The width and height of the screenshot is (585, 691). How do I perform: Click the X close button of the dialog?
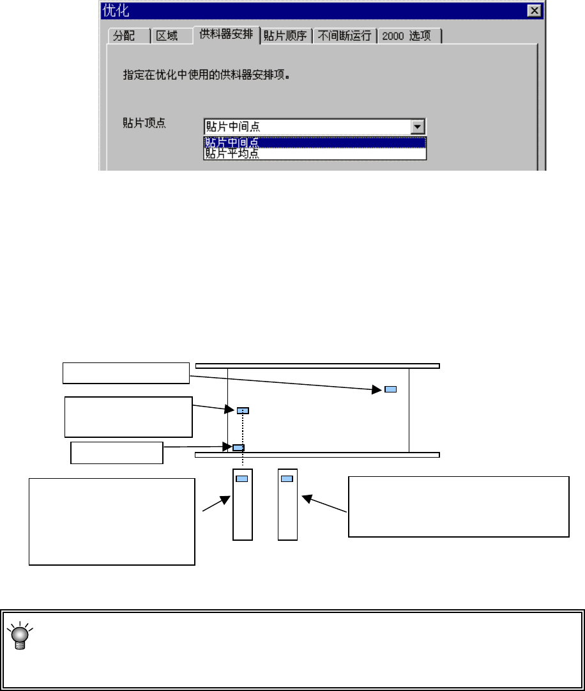click(533, 11)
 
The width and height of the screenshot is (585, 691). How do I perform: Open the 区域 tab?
click(167, 36)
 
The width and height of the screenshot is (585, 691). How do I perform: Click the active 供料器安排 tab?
click(225, 35)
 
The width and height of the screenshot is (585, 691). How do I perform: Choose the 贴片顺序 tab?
click(286, 36)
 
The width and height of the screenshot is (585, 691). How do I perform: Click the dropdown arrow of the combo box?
click(418, 127)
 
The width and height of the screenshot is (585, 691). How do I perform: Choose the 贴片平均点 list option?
click(232, 153)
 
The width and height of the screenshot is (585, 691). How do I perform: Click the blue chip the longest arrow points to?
click(390, 389)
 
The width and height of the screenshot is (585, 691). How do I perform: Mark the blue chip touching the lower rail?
click(238, 447)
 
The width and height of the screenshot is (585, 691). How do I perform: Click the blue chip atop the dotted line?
click(243, 410)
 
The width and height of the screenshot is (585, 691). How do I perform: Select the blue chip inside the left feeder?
click(243, 478)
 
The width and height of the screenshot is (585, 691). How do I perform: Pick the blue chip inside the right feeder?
click(287, 478)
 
